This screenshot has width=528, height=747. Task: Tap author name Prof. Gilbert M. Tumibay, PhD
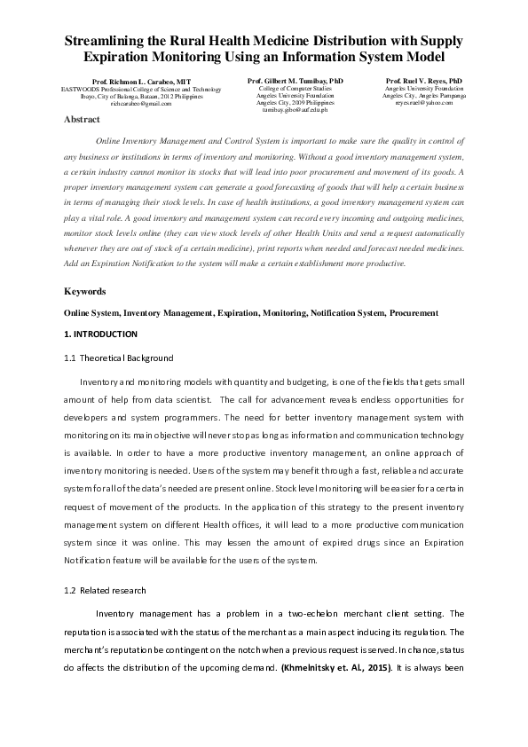(x=296, y=81)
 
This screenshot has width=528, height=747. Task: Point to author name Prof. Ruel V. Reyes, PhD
(x=423, y=81)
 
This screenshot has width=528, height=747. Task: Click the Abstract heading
(x=82, y=119)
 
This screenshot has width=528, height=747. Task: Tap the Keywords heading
(x=85, y=291)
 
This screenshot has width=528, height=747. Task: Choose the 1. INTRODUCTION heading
(x=101, y=334)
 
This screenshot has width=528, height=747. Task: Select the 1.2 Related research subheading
(x=105, y=590)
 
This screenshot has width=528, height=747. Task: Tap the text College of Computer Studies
(x=296, y=89)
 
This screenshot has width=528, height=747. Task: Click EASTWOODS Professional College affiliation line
(x=140, y=90)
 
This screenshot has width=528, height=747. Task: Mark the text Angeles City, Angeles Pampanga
(x=425, y=96)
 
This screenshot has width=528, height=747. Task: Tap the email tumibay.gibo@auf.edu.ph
(x=296, y=110)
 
